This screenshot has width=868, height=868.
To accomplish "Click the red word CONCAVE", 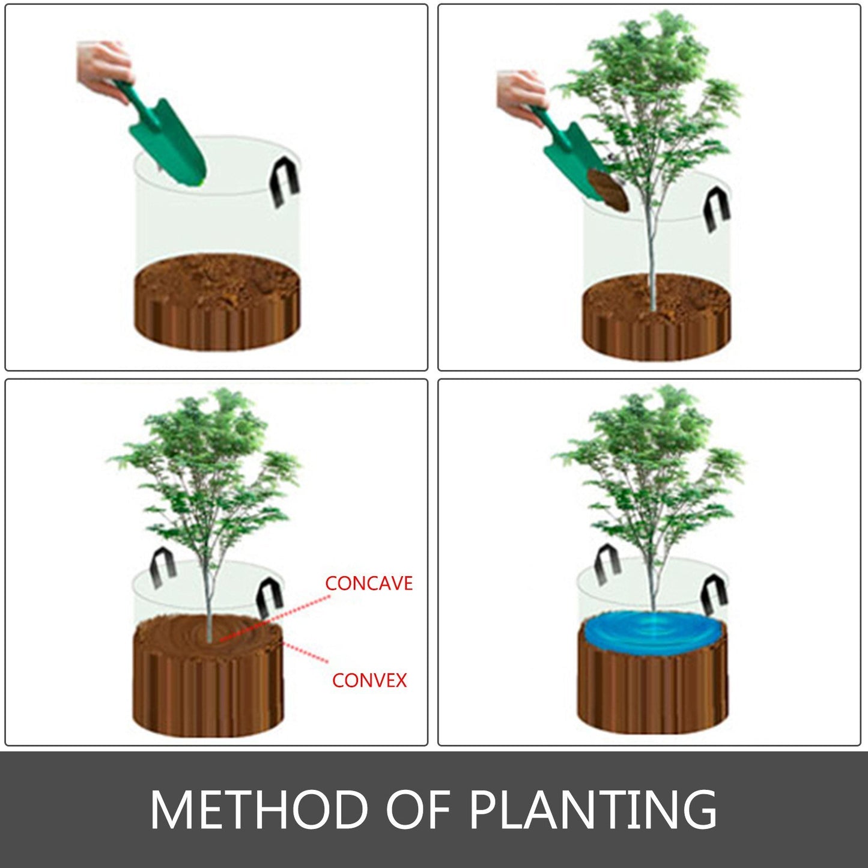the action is click(x=368, y=583).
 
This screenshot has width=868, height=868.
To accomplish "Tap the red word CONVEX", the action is click(x=369, y=680).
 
